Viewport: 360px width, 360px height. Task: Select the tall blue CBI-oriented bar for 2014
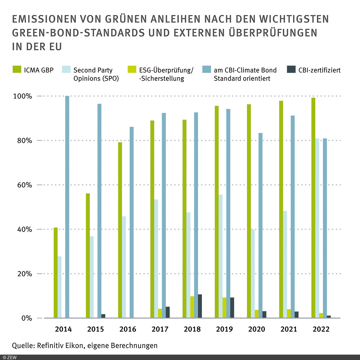tap(67, 207)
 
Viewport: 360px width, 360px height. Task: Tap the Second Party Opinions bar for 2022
tap(317, 228)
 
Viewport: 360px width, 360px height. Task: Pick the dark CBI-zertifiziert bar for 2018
tap(200, 306)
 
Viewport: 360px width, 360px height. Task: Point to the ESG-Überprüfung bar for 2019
tap(224, 307)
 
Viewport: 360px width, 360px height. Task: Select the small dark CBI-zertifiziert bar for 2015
tap(103, 316)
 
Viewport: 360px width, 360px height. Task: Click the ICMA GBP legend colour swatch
tap(17, 70)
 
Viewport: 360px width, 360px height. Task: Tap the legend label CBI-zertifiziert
tap(319, 70)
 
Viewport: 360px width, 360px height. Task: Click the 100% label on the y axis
tap(22, 96)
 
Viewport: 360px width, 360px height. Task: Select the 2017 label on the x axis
tap(160, 329)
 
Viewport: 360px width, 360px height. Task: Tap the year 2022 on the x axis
tap(321, 329)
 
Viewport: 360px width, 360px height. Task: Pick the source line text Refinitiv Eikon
tap(60, 345)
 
